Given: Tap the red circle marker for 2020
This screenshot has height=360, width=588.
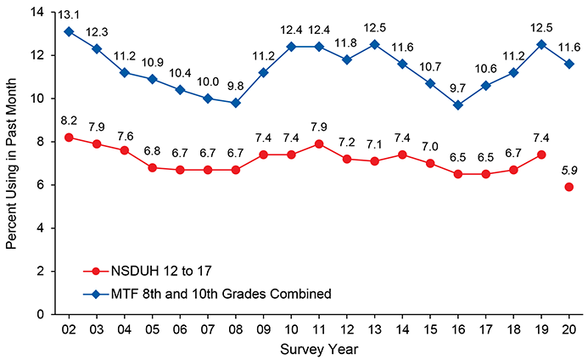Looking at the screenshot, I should [569, 187].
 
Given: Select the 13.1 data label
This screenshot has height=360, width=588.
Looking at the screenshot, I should [69, 14].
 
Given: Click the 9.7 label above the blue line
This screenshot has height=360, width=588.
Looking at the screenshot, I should [457, 87].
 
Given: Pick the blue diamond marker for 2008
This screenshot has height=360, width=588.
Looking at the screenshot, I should [235, 103].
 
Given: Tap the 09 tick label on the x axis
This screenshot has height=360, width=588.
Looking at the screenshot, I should [263, 329].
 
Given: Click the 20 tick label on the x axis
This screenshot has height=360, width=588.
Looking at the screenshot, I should [569, 329].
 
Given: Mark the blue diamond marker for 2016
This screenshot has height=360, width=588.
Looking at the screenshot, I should [457, 105].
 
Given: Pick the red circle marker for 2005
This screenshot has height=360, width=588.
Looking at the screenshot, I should [152, 167].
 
